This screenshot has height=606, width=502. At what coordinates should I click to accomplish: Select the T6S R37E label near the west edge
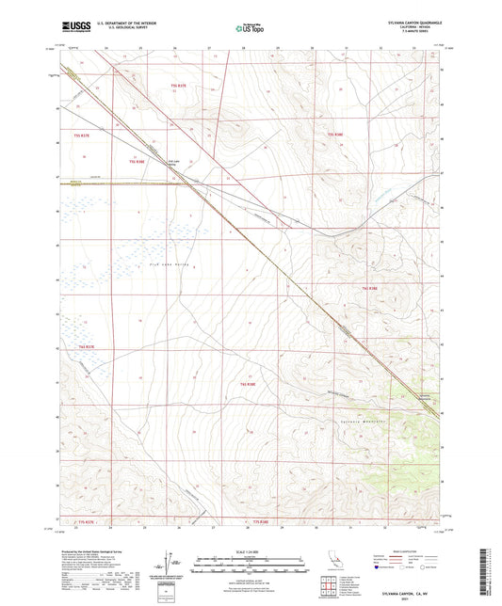coord(87,346)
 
